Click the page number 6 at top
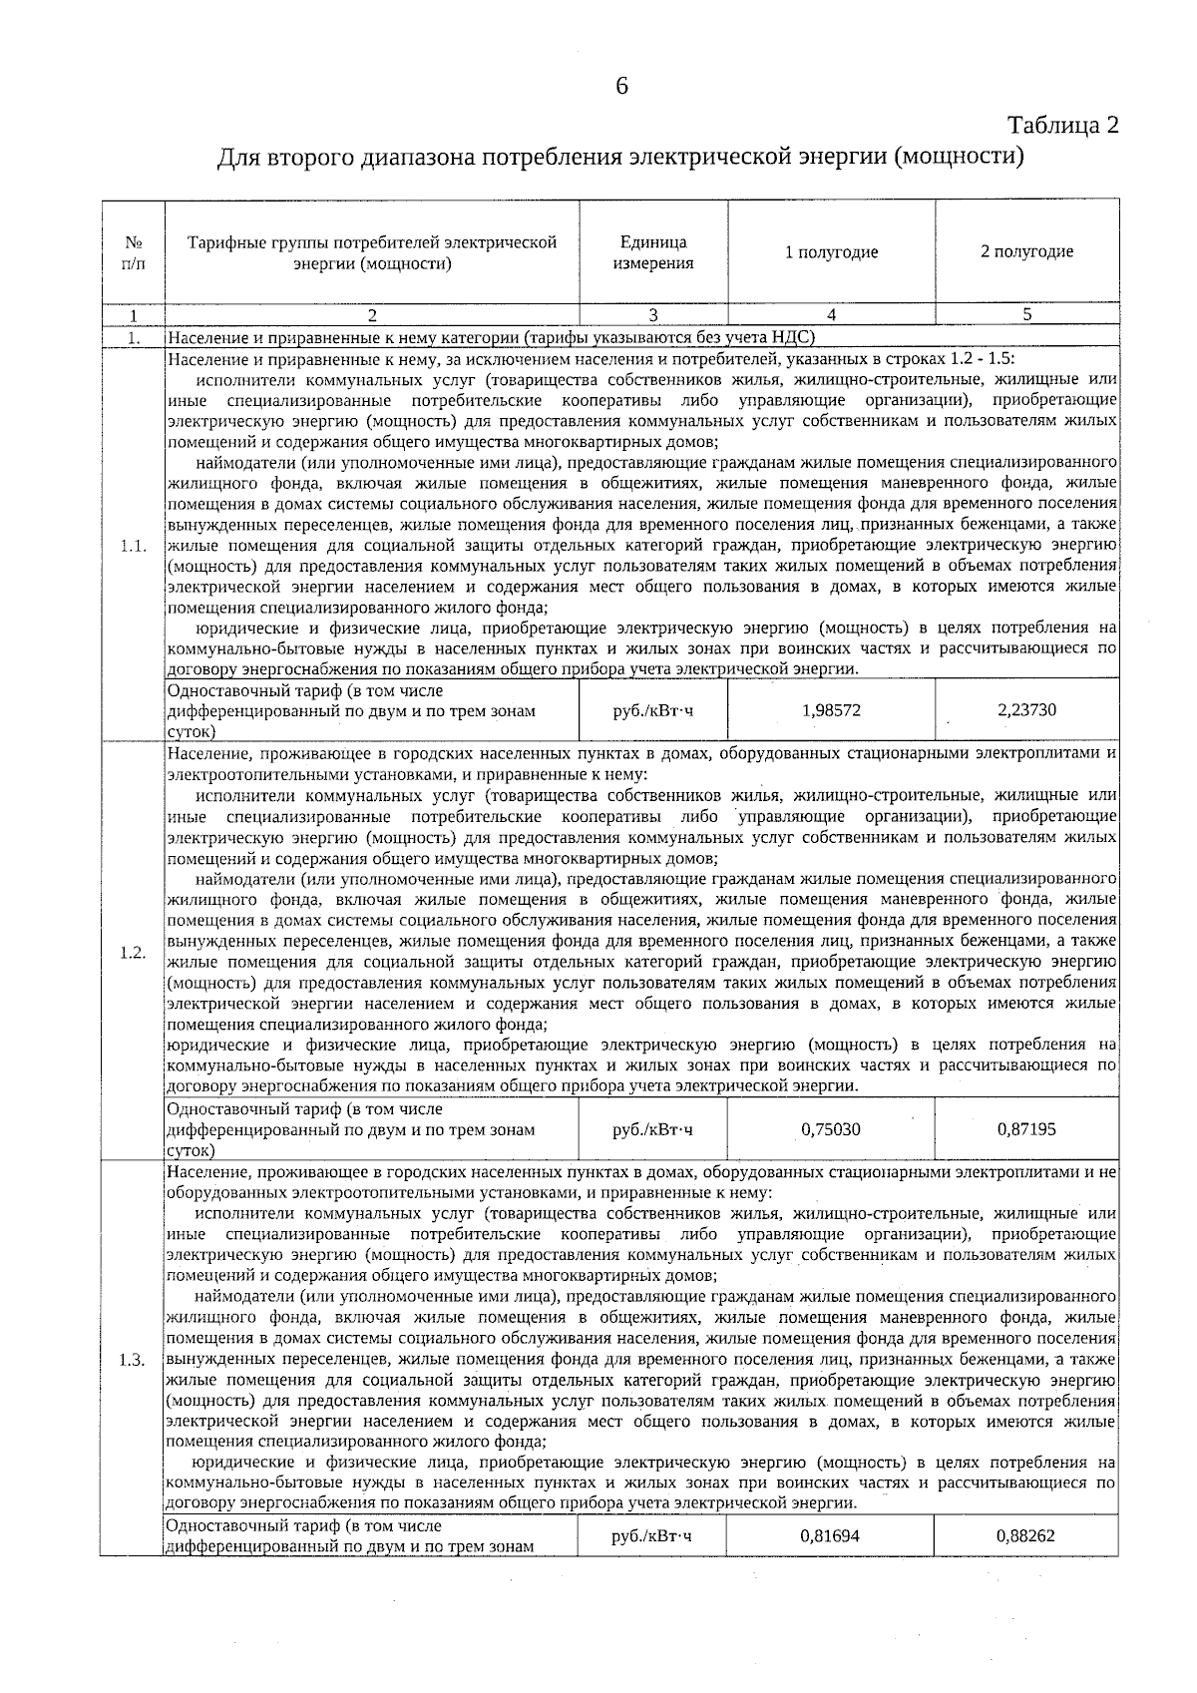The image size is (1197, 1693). pos(621,87)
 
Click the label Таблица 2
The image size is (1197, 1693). pos(1063,126)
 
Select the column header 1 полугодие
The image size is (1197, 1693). pos(831,252)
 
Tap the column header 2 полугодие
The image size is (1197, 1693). pos(1026,252)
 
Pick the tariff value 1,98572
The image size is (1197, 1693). pos(831,710)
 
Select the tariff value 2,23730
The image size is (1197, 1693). pos(1026,710)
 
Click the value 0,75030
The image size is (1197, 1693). pos(831,1129)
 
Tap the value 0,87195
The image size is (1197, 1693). pos(1026,1129)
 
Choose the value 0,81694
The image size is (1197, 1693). pos(831,1536)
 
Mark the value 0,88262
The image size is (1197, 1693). pos(1026,1536)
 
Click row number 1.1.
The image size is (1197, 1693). pos(133,546)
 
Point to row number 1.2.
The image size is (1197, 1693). pos(133,952)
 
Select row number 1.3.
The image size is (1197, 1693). pos(133,1360)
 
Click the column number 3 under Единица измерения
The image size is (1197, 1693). pos(653,315)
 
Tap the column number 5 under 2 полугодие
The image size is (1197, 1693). pos(1026,315)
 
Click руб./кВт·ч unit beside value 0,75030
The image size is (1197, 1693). pos(653,1129)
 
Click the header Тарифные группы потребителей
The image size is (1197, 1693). pos(372,242)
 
